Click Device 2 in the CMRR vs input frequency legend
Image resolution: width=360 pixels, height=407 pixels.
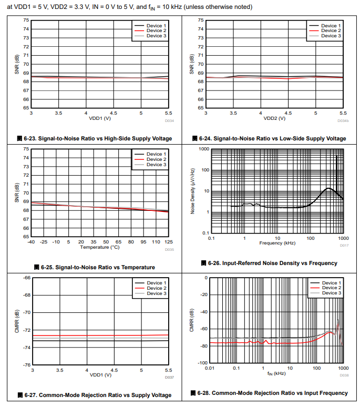pyautogui.click(x=330, y=288)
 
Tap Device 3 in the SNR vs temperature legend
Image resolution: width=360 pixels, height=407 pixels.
pyautogui.click(x=157, y=165)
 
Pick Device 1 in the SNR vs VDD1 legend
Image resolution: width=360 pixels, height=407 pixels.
pyautogui.click(x=157, y=26)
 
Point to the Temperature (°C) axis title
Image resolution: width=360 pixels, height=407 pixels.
pyautogui.click(x=100, y=247)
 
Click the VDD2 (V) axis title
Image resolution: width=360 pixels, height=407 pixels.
pyautogui.click(x=274, y=118)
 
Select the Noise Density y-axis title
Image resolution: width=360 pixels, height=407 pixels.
pyautogui.click(x=193, y=191)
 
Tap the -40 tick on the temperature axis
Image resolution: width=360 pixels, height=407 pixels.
pyautogui.click(x=32, y=242)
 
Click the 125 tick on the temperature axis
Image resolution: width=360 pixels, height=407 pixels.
pyautogui.click(x=168, y=242)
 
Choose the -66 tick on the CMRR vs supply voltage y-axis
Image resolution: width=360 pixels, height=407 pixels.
pyautogui.click(x=27, y=277)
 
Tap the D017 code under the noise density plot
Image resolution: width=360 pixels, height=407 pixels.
pyautogui.click(x=343, y=246)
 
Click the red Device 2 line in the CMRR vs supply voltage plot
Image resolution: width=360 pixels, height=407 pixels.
pyautogui.click(x=100, y=335)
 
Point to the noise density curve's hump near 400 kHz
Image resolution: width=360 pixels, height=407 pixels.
pyautogui.click(x=329, y=188)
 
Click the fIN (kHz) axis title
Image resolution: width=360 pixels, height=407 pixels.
pyautogui.click(x=276, y=373)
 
